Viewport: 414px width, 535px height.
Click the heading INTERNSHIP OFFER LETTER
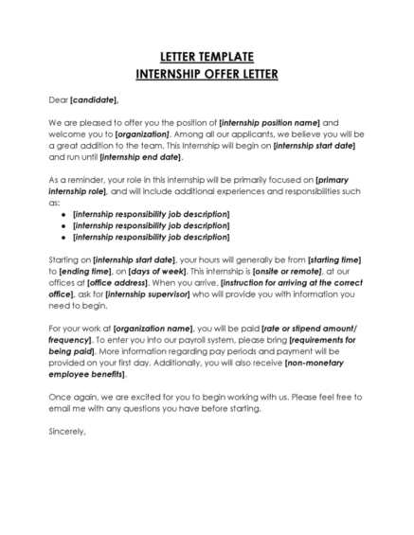click(207, 72)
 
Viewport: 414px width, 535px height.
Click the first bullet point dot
click(63, 215)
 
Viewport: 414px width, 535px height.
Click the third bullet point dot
click(63, 238)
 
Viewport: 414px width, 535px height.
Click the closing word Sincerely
click(66, 433)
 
